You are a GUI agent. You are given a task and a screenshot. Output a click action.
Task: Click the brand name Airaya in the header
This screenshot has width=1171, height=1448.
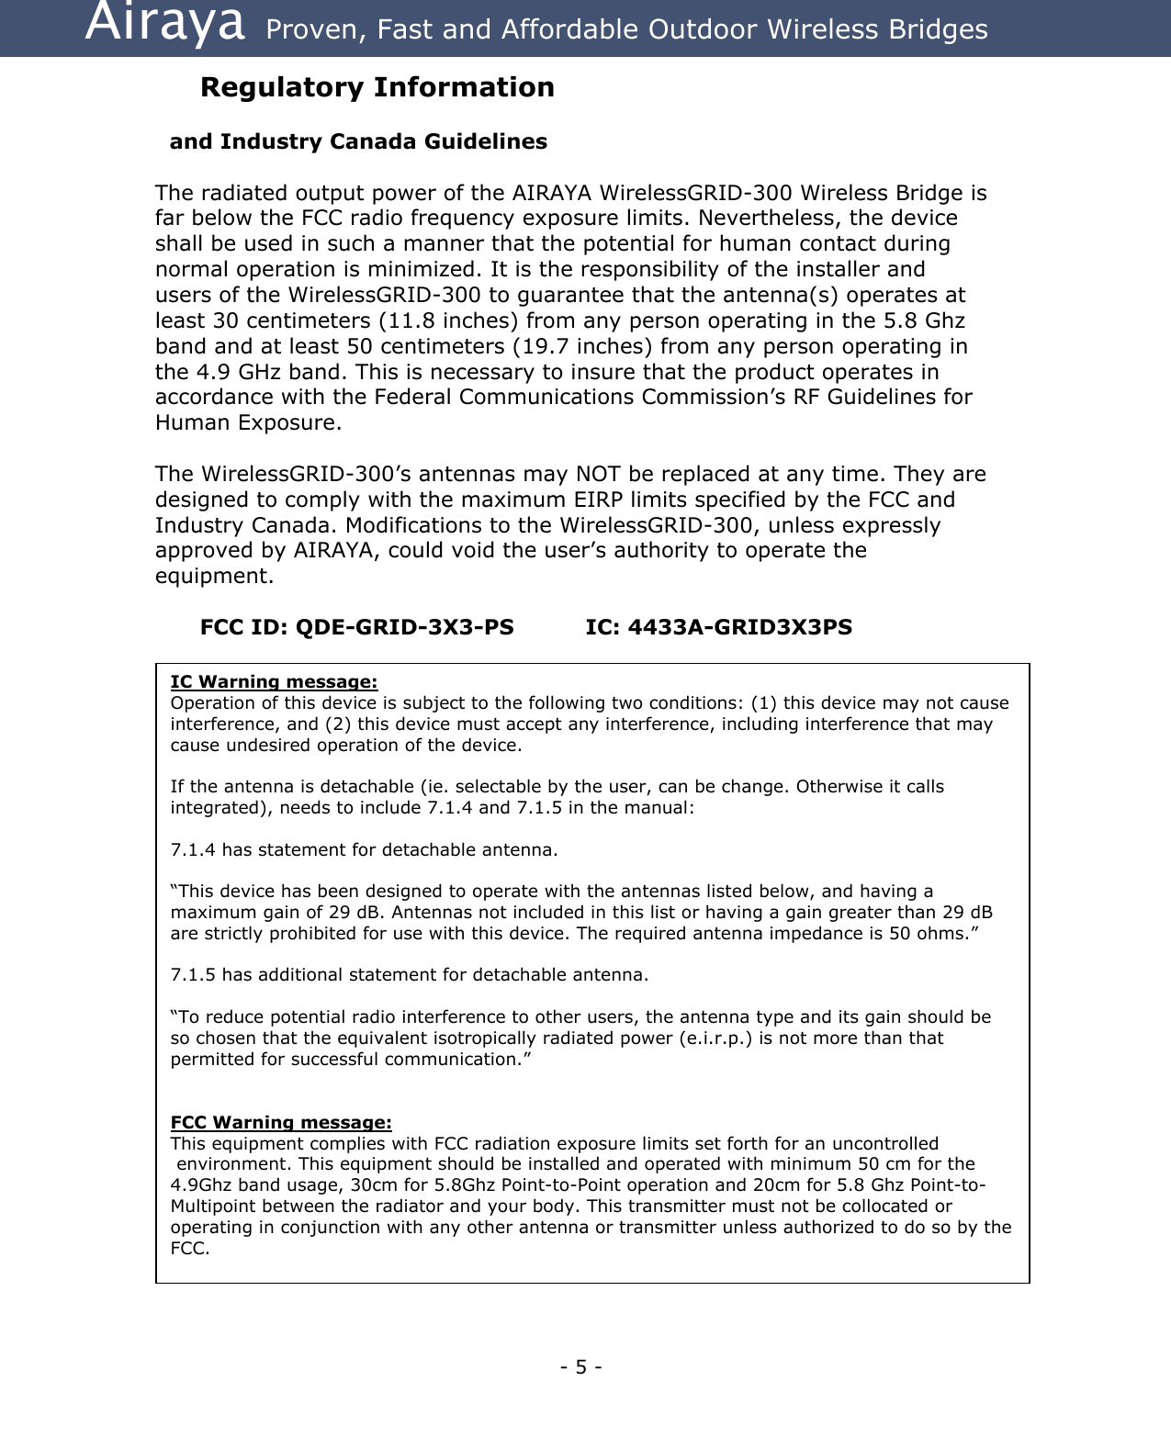tap(164, 26)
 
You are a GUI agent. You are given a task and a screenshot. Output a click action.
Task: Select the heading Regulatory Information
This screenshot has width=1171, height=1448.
tap(377, 87)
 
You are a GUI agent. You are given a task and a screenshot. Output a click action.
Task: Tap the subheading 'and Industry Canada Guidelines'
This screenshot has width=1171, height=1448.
tap(358, 141)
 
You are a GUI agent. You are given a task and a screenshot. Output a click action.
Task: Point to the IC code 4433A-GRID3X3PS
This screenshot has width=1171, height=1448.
tap(739, 627)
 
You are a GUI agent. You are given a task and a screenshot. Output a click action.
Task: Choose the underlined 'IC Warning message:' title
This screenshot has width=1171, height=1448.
tap(274, 681)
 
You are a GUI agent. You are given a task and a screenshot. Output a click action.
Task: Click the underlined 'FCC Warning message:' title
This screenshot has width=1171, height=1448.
tap(281, 1122)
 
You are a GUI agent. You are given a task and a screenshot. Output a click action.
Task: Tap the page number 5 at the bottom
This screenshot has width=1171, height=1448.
tap(580, 1367)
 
